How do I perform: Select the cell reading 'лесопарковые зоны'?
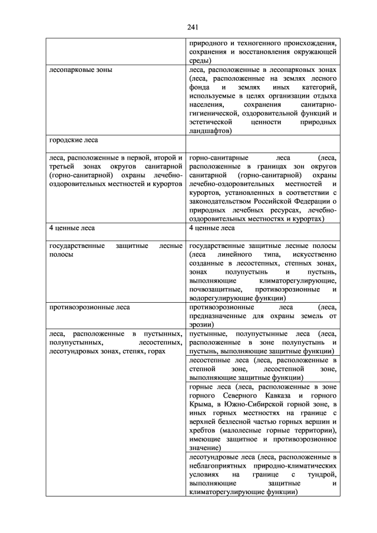[x=80, y=69]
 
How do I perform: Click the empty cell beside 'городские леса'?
[x=262, y=143]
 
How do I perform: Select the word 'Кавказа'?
[x=282, y=395]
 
